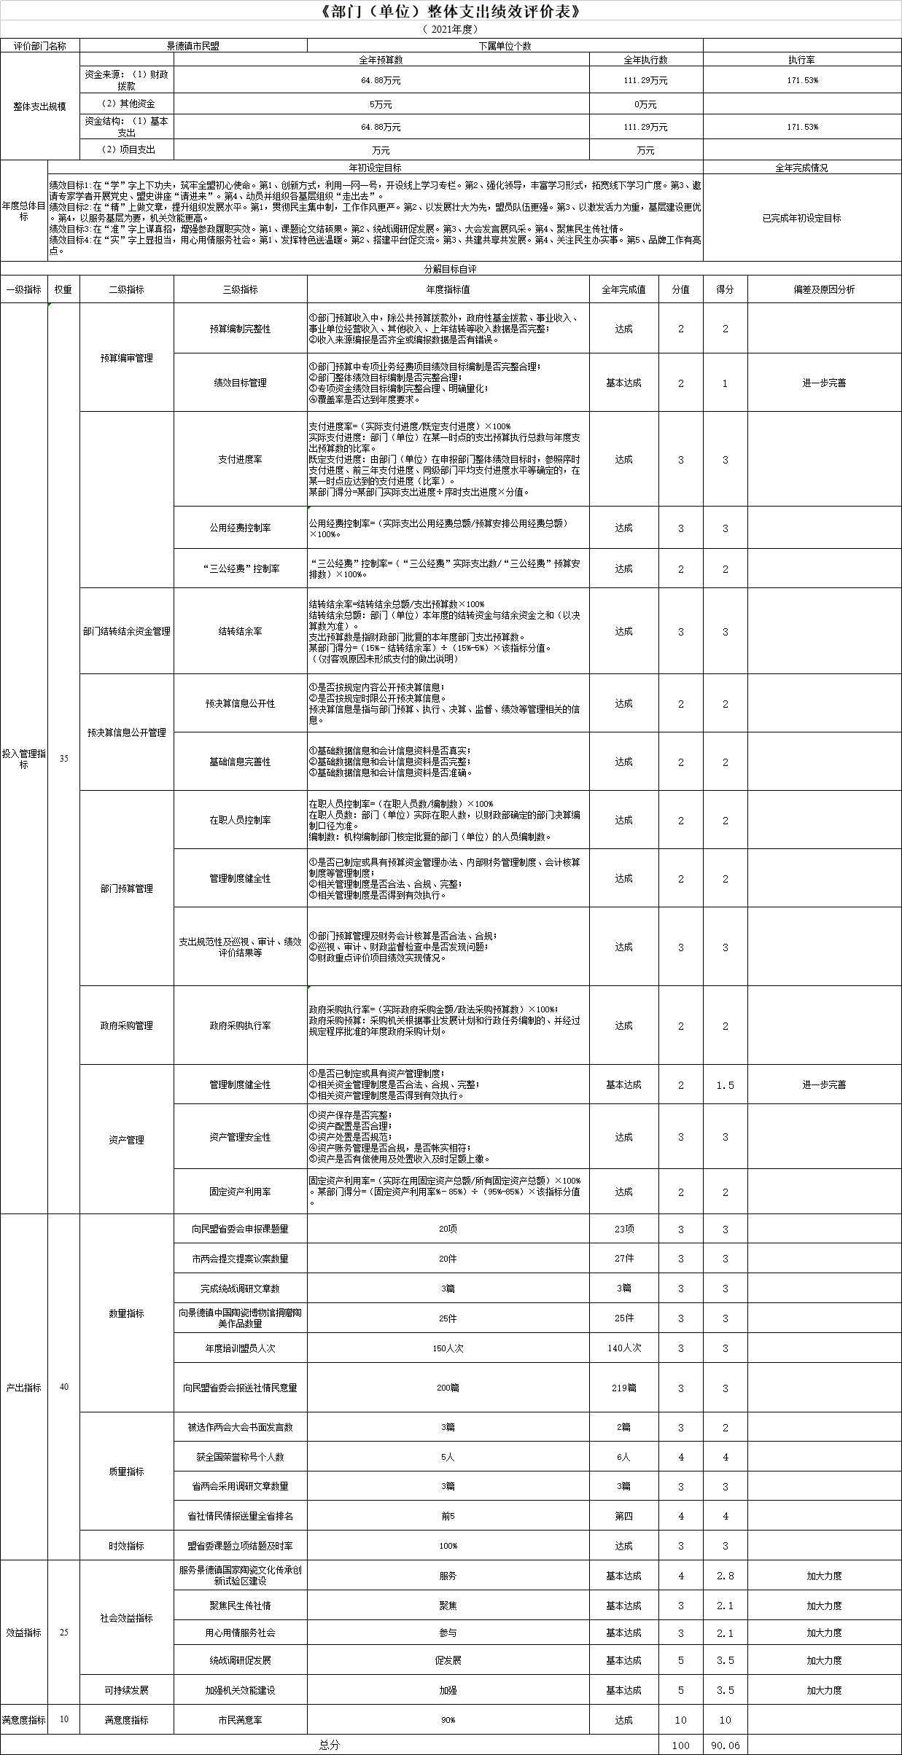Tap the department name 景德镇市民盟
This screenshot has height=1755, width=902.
(x=193, y=45)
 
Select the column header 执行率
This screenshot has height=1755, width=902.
(x=802, y=60)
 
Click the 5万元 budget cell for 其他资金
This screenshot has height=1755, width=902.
(x=381, y=104)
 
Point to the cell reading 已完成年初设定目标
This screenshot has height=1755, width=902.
(x=802, y=218)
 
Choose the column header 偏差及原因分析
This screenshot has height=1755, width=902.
(x=824, y=289)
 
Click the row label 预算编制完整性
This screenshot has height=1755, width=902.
(x=240, y=329)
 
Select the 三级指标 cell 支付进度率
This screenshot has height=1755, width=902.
(x=240, y=459)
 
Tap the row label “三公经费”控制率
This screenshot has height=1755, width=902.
(x=240, y=568)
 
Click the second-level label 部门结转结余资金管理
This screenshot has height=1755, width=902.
(x=126, y=631)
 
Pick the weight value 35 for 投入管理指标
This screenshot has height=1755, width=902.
(x=63, y=758)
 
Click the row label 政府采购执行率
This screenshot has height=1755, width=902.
(x=240, y=1025)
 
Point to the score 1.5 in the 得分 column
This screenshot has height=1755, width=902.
(x=725, y=1085)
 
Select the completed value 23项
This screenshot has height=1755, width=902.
(x=624, y=1229)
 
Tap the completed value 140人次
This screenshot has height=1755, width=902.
(x=624, y=1348)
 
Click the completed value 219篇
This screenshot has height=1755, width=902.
(x=624, y=1388)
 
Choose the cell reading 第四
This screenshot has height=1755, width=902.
(x=624, y=1516)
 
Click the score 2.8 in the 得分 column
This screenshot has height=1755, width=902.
(x=725, y=1576)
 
